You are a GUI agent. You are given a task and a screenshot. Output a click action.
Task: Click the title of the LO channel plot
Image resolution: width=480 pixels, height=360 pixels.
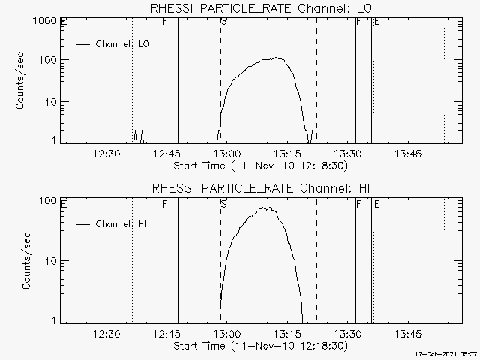click(x=261, y=8)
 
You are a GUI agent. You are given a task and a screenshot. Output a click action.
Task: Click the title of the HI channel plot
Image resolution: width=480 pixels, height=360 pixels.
click(x=261, y=188)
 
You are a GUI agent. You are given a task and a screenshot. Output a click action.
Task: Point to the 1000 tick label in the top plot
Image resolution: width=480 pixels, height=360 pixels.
click(x=45, y=21)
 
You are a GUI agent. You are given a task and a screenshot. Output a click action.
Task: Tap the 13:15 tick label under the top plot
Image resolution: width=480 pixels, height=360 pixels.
click(x=287, y=154)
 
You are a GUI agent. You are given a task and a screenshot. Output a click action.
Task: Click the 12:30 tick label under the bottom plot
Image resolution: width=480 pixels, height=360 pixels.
click(x=106, y=334)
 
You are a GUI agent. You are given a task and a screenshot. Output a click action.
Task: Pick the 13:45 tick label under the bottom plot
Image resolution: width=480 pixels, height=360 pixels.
click(x=408, y=334)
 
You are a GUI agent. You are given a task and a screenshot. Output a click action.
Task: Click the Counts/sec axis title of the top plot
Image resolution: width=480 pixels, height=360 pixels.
click(x=19, y=81)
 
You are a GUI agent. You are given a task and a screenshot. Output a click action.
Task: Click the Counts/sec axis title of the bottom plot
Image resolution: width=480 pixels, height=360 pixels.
click(x=26, y=260)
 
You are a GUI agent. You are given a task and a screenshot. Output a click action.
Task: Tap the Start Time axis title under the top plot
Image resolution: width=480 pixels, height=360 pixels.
click(x=261, y=166)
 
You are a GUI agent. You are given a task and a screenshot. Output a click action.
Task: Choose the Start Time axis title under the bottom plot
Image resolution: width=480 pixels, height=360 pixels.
click(x=261, y=346)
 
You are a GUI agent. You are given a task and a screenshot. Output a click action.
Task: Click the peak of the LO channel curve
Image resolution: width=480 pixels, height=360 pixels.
click(x=277, y=57)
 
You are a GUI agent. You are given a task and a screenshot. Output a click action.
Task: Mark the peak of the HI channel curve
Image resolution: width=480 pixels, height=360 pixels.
click(x=265, y=207)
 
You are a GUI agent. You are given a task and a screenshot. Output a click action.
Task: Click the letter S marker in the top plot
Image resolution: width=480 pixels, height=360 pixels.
click(x=223, y=22)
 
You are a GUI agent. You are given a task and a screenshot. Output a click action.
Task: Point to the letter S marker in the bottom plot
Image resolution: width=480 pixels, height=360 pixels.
click(x=223, y=204)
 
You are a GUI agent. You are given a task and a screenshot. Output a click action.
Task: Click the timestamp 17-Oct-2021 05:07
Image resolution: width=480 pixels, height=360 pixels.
click(x=446, y=354)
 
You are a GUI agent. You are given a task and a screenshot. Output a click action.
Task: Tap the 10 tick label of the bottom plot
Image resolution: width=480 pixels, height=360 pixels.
click(x=51, y=261)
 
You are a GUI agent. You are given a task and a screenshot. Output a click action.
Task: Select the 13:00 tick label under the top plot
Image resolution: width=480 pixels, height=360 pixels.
click(x=227, y=154)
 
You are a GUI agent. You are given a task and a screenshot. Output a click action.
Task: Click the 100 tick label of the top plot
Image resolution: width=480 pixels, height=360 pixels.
click(x=48, y=60)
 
